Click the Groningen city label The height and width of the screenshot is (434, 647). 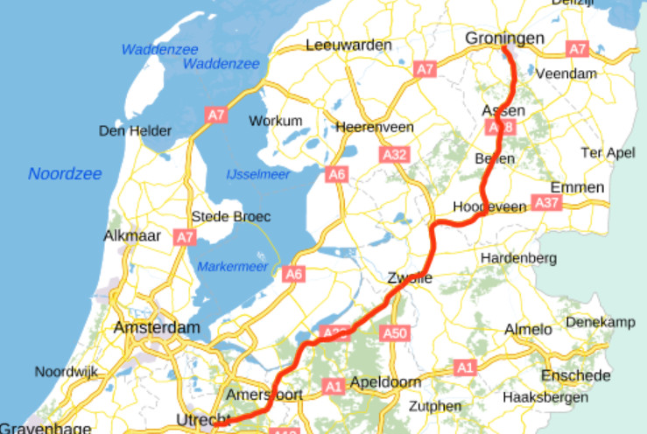click(504, 38)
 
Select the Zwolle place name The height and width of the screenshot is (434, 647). click(410, 278)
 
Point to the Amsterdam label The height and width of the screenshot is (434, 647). click(157, 327)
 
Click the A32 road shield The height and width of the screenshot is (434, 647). click(395, 155)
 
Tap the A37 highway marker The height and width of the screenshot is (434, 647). click(546, 203)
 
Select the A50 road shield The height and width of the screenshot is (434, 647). click(396, 332)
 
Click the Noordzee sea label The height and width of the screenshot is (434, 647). click(60, 173)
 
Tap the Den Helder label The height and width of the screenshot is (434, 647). click(136, 131)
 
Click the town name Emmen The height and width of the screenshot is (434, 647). click(577, 187)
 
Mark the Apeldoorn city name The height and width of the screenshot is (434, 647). click(385, 382)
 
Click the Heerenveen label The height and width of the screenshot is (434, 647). click(375, 127)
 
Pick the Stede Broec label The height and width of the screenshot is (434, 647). click(231, 216)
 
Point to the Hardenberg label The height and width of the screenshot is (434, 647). click(518, 258)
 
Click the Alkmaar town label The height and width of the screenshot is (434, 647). click(132, 236)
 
